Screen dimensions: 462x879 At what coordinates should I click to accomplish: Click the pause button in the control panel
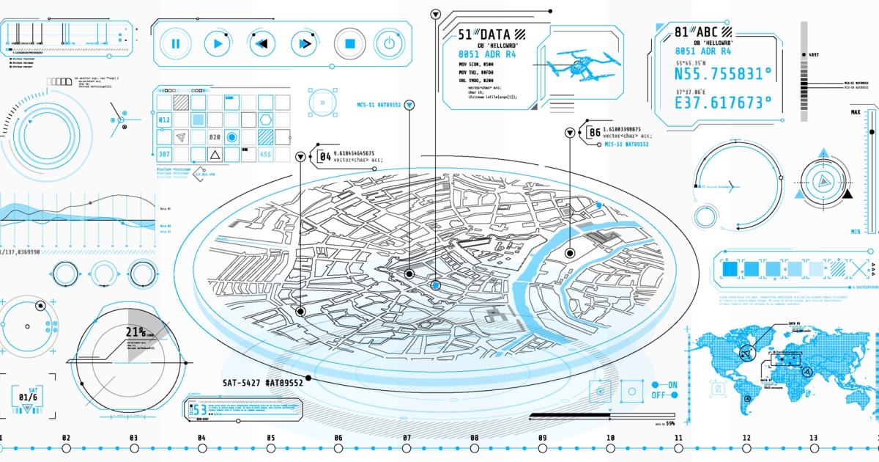click(x=176, y=44)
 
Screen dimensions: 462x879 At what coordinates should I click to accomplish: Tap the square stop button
click(x=349, y=44)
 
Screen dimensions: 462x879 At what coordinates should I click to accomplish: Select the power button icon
click(x=389, y=44)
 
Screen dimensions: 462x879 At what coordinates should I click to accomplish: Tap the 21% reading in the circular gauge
click(x=136, y=332)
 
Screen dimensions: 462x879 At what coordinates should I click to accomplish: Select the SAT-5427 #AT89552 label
click(x=263, y=383)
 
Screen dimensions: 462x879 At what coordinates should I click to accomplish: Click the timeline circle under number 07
click(x=407, y=447)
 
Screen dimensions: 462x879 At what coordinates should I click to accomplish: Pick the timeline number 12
click(x=746, y=438)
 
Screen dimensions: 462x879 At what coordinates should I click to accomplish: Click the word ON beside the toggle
click(x=672, y=385)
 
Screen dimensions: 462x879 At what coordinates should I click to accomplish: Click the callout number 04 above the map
click(x=325, y=155)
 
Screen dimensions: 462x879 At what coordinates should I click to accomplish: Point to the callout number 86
click(x=595, y=133)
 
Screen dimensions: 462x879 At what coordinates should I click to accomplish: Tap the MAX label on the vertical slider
click(x=855, y=112)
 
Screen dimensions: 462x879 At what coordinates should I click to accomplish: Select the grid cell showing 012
click(x=164, y=120)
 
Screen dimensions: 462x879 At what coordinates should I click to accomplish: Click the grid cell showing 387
click(x=164, y=154)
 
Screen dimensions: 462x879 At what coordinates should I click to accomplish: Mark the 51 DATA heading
click(x=483, y=34)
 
